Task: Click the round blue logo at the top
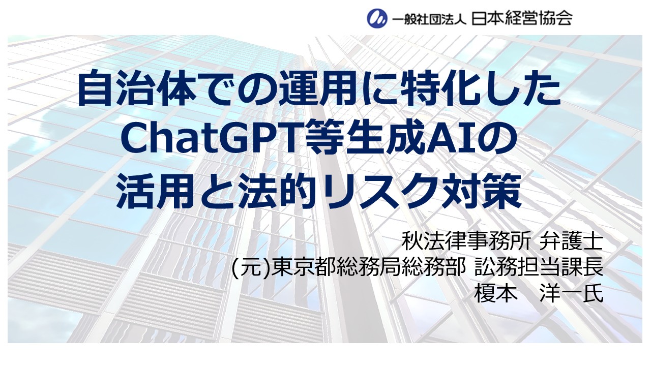click(x=377, y=18)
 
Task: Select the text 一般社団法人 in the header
click(x=429, y=19)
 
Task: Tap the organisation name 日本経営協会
click(x=522, y=18)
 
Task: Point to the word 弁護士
click(x=571, y=241)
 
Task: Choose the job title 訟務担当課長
click(x=539, y=267)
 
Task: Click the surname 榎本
click(x=495, y=293)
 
